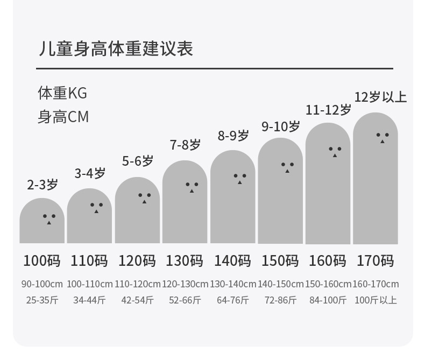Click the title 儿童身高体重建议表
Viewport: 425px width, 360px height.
tap(116, 49)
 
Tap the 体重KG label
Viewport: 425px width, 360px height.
tap(62, 93)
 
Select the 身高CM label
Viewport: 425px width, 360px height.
tap(63, 117)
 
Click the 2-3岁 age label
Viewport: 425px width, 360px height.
tap(42, 185)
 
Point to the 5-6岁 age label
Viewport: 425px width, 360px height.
tap(138, 161)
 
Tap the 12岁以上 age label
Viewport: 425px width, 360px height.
tap(380, 97)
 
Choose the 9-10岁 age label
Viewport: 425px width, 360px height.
tap(280, 126)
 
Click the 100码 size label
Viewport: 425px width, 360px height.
tap(42, 261)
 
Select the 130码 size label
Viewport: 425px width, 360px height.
tap(185, 261)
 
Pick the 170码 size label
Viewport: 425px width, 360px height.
tap(375, 261)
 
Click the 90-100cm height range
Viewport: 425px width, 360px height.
tap(42, 284)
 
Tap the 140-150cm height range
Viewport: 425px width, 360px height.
tap(280, 284)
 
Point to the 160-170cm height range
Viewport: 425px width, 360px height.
tap(376, 284)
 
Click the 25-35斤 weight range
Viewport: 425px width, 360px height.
tap(42, 300)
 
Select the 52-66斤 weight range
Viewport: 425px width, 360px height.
tap(185, 300)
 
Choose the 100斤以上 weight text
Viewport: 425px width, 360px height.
tap(376, 300)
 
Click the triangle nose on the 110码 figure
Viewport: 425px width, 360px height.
tap(96, 211)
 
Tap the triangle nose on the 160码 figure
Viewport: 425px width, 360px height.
tap(335, 156)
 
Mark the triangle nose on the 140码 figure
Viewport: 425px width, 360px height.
tap(239, 182)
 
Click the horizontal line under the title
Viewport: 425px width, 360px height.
tap(215, 68)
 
